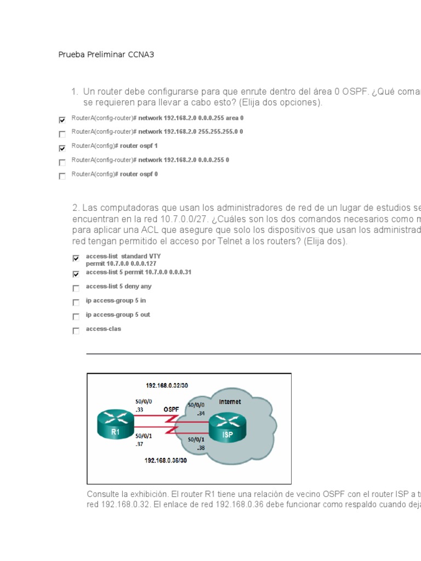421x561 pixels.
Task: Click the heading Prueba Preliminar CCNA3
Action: click(103, 55)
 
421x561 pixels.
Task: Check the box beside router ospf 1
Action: click(62, 148)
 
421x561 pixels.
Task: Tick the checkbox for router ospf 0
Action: click(62, 176)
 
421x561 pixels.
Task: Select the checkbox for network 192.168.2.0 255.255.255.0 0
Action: click(62, 134)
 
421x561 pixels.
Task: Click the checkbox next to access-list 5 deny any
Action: click(76, 288)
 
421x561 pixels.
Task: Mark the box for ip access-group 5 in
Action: click(76, 302)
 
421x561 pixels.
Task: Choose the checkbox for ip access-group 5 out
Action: click(76, 317)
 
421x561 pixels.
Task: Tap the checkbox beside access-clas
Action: click(76, 331)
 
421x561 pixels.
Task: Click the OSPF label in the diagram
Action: click(172, 409)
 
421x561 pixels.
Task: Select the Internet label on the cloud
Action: click(230, 402)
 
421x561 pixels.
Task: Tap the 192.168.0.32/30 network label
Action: click(167, 385)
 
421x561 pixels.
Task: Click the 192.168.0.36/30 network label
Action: click(166, 461)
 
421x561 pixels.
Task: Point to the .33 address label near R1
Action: click(139, 409)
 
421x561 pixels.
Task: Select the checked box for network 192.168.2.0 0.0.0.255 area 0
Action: click(62, 119)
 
